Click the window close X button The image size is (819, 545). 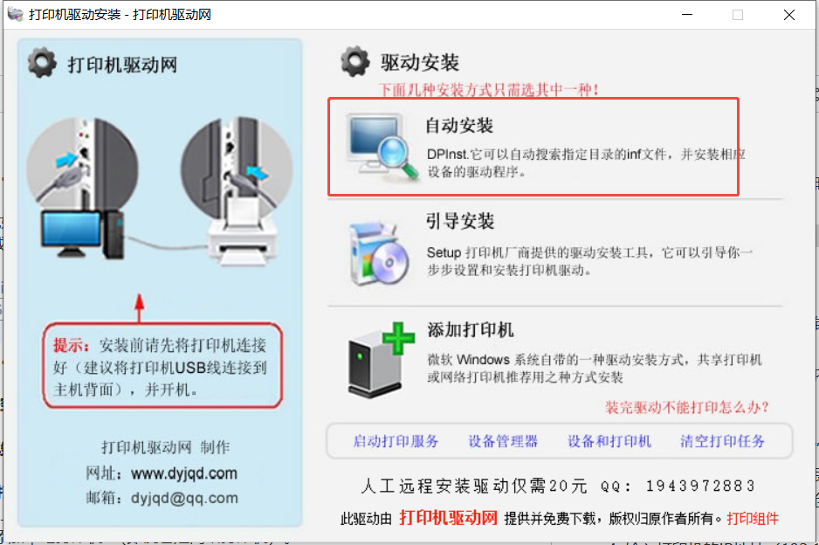coord(789,15)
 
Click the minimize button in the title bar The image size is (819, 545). coord(687,15)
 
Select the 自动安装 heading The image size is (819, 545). coord(459,126)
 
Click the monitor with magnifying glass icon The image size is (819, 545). coord(382,148)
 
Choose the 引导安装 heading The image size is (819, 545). coord(460,221)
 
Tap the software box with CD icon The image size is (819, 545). coord(380,254)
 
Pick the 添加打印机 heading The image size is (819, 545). coord(470,330)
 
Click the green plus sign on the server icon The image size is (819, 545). coord(398,338)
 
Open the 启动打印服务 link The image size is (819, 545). coord(396,441)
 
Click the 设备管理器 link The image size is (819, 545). coord(502,441)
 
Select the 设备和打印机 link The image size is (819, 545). coord(609,441)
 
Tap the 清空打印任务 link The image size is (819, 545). coord(722,441)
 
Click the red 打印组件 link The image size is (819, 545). coord(752,518)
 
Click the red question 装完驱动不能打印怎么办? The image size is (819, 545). coord(687,407)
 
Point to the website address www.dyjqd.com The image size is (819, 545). coord(184,473)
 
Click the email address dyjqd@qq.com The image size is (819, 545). coord(184,498)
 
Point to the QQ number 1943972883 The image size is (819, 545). coord(700,486)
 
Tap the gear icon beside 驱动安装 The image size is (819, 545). coord(355,61)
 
